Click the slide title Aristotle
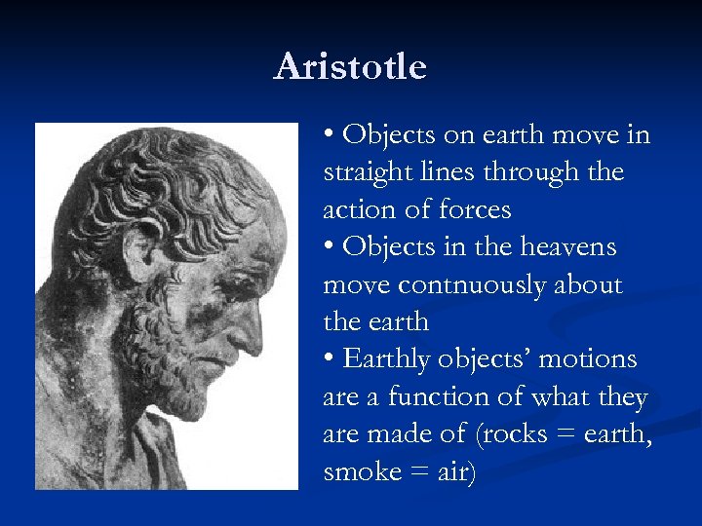pos(350,67)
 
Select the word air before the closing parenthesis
pos(450,471)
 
